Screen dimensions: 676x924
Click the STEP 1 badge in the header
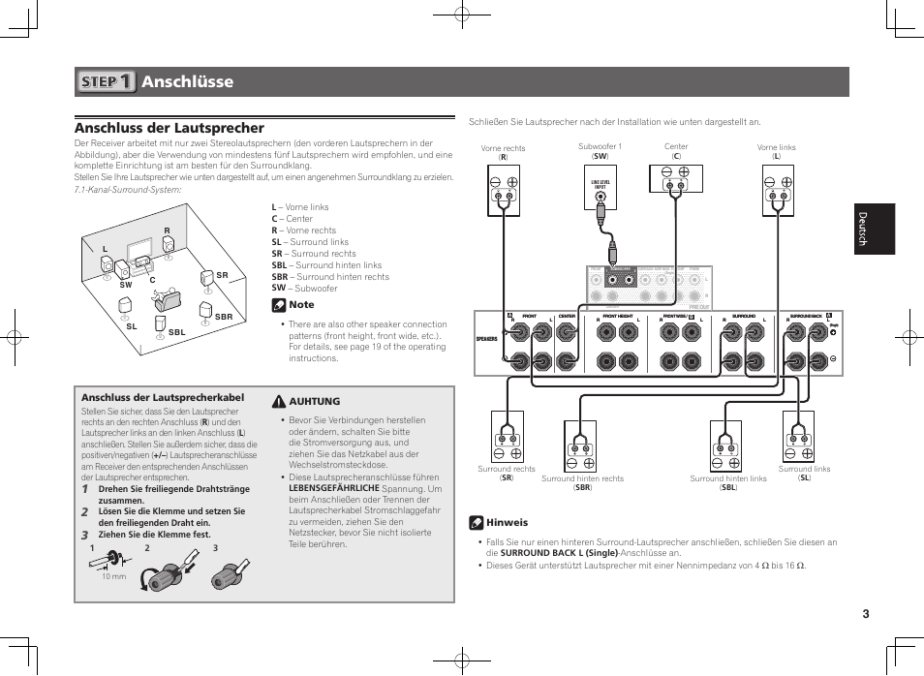point(107,81)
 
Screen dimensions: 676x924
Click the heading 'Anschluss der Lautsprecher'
point(169,128)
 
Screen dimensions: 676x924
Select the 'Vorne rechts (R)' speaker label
point(503,152)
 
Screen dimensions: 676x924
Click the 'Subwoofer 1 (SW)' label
point(600,151)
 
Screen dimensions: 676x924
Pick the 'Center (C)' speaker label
point(676,151)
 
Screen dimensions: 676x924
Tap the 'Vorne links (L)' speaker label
point(776,152)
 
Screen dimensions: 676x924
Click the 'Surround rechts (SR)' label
point(506,474)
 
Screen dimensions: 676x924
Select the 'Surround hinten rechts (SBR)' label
point(582,482)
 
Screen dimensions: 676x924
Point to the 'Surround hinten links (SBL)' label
point(727,482)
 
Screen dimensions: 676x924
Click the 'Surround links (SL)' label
point(804,474)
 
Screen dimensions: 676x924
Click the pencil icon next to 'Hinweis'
point(476,522)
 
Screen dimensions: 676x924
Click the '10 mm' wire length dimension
point(114,576)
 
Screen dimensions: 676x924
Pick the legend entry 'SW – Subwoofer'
point(304,288)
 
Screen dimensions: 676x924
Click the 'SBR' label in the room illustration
point(224,318)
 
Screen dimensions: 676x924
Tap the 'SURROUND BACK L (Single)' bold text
point(559,553)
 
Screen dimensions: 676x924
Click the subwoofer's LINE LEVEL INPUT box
point(601,186)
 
